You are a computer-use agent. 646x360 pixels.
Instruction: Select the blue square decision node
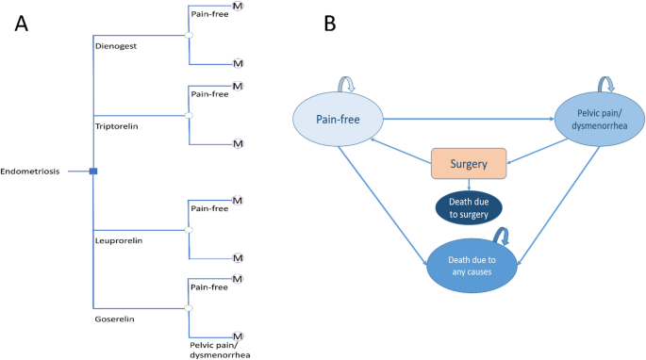tap(93, 171)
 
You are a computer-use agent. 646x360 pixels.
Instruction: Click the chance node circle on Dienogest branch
tap(189, 36)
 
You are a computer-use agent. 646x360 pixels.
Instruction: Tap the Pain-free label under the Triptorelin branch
tap(209, 94)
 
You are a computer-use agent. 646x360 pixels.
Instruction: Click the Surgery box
tap(469, 164)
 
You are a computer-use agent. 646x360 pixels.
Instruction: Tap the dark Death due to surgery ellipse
tap(469, 209)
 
